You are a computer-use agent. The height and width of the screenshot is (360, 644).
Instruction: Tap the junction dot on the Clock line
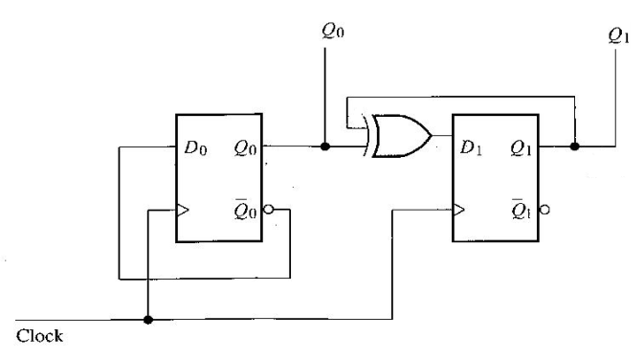146,320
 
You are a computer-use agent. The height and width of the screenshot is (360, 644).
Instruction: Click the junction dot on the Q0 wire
326,147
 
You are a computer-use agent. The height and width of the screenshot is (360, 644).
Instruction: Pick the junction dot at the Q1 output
575,147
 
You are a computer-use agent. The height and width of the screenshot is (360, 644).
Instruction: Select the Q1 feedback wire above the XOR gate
459,97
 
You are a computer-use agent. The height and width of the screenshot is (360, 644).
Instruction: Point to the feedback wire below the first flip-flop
201,279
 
